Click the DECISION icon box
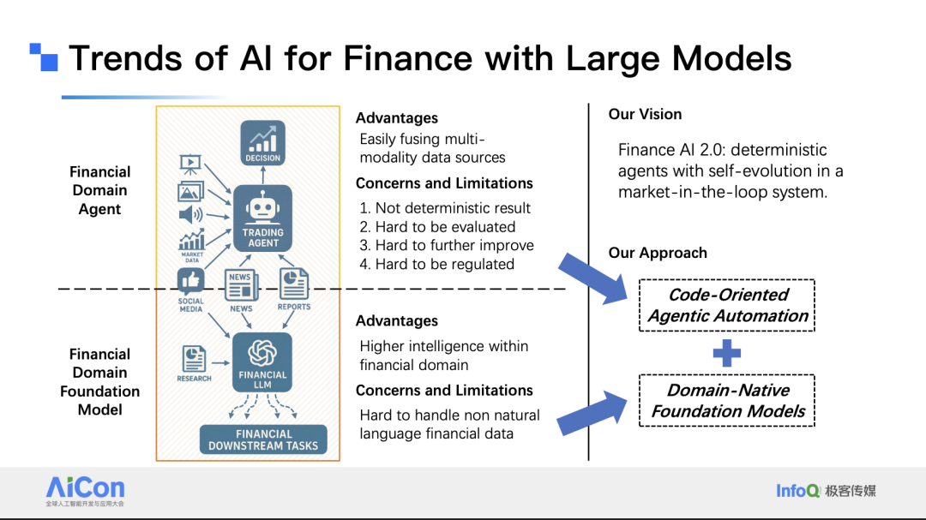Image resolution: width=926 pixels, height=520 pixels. (263, 143)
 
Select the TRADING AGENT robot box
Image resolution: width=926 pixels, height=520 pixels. (263, 218)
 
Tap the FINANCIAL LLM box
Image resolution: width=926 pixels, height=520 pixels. (262, 362)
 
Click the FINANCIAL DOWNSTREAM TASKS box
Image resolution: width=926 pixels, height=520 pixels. (263, 439)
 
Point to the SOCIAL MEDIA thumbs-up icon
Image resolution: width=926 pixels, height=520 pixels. (190, 282)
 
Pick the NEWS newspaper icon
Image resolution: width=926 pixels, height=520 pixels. (241, 284)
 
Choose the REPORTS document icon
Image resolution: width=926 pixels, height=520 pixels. (294, 284)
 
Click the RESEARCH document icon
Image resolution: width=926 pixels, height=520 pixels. (194, 359)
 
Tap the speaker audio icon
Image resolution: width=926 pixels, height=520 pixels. (190, 214)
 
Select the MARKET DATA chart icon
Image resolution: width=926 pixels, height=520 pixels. (191, 240)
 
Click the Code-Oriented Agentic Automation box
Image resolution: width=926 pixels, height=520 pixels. (727, 305)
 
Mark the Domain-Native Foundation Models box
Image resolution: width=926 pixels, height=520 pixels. (727, 400)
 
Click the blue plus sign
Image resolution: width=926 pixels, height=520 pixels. (727, 354)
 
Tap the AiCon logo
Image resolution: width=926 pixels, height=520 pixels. (85, 491)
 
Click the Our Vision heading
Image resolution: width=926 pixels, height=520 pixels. (645, 115)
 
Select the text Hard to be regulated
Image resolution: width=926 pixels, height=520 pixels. (445, 264)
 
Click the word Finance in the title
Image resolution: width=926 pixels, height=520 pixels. (407, 58)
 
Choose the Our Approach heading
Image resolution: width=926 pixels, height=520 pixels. (658, 254)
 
